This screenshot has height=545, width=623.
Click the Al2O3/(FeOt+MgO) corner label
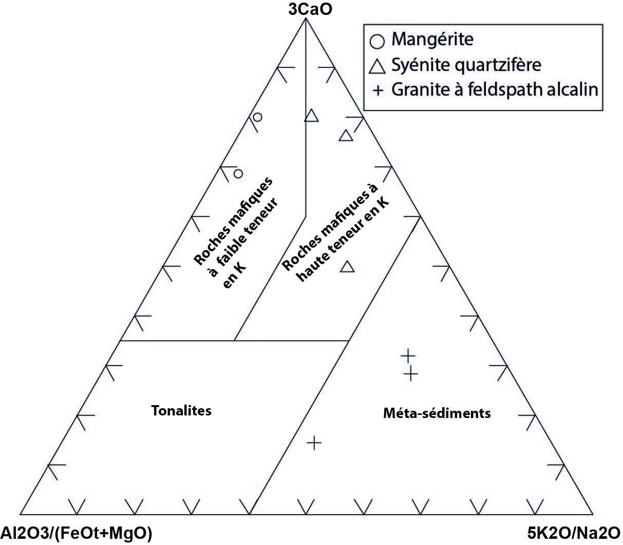pyautogui.click(x=76, y=533)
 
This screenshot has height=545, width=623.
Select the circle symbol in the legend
pyautogui.click(x=377, y=40)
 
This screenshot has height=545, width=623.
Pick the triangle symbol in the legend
pyautogui.click(x=378, y=66)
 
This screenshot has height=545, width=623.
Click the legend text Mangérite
pyautogui.click(x=432, y=39)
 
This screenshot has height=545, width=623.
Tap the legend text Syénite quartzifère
pyautogui.click(x=466, y=65)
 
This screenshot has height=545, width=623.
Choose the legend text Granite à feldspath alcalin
pyautogui.click(x=495, y=90)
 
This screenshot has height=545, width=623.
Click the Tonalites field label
pyautogui.click(x=181, y=411)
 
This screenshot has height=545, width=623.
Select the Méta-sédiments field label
pyautogui.click(x=437, y=413)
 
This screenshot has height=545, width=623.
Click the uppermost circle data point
pyautogui.click(x=258, y=117)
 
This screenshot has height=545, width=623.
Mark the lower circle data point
pyautogui.click(x=238, y=173)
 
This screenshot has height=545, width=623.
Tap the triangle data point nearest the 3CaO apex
pyautogui.click(x=311, y=116)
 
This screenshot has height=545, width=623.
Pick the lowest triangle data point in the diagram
pyautogui.click(x=348, y=266)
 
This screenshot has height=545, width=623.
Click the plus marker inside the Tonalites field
pyautogui.click(x=314, y=442)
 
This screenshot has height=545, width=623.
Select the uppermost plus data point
pyautogui.click(x=408, y=355)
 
